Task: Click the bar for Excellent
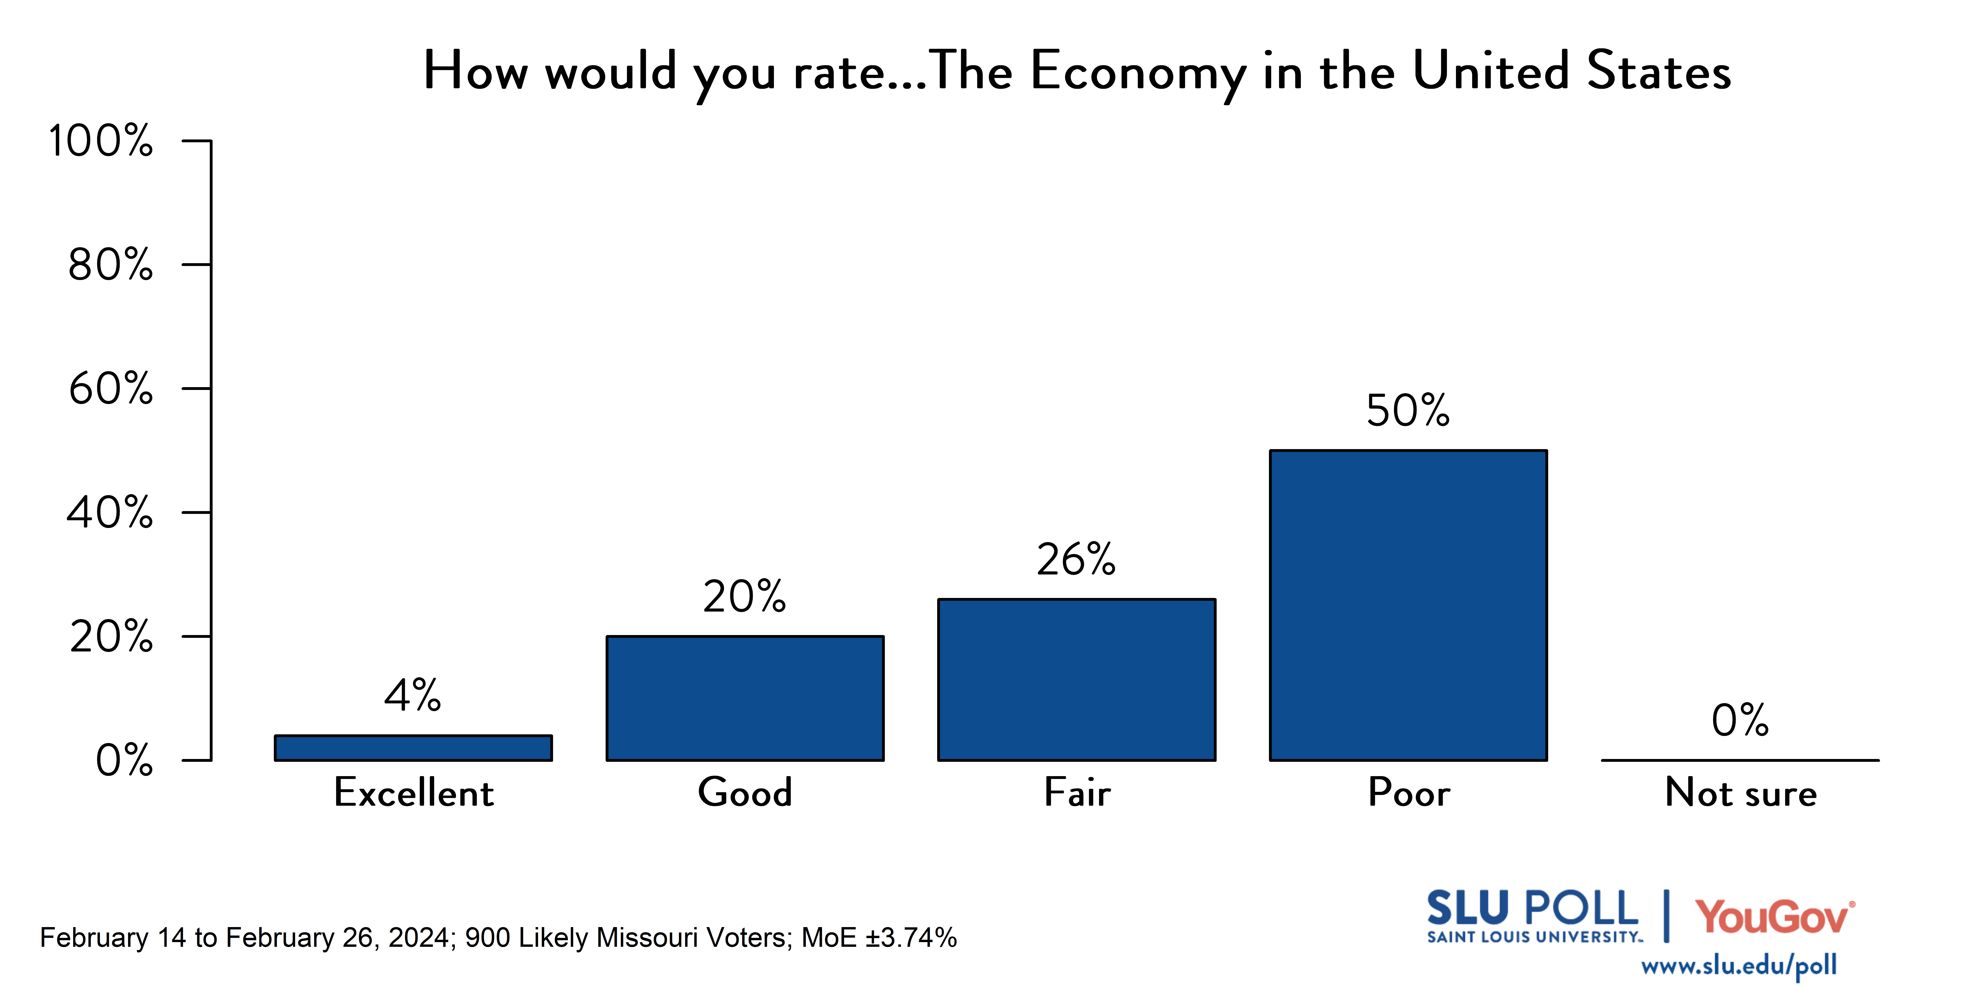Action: point(413,748)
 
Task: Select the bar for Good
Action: point(745,698)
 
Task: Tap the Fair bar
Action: point(1077,680)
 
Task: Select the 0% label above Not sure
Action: point(1740,720)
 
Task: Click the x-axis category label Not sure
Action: point(1741,792)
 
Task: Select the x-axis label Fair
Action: point(1077,792)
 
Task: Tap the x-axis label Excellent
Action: point(414,792)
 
